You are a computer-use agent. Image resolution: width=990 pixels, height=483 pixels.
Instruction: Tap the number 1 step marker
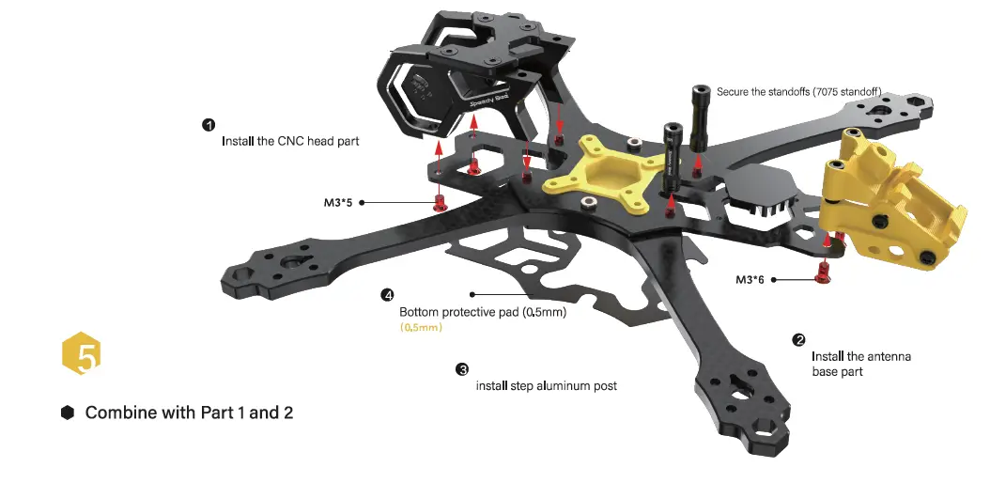(209, 125)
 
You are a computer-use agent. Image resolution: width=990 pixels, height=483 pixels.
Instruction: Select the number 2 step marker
(799, 339)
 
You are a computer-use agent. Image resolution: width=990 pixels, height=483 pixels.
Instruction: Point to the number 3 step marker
(462, 369)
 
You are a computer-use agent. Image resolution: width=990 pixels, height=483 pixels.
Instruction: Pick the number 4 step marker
(387, 295)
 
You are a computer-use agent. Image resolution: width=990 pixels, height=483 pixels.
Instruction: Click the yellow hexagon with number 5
(82, 355)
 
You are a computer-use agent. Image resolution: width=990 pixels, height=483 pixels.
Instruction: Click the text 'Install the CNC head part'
(290, 142)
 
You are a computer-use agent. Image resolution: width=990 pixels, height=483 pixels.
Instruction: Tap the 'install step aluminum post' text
(546, 386)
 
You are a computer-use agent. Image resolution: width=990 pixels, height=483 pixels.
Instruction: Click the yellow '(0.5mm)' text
(421, 328)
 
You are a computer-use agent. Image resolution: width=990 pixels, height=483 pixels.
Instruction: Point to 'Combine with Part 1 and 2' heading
(189, 413)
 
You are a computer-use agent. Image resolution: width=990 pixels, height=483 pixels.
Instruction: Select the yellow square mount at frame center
(597, 174)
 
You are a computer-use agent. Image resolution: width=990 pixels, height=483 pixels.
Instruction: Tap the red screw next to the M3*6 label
(824, 274)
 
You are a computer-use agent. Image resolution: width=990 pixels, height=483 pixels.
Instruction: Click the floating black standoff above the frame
(700, 117)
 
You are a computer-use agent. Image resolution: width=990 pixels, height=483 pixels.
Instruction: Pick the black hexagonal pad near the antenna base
(762, 187)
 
